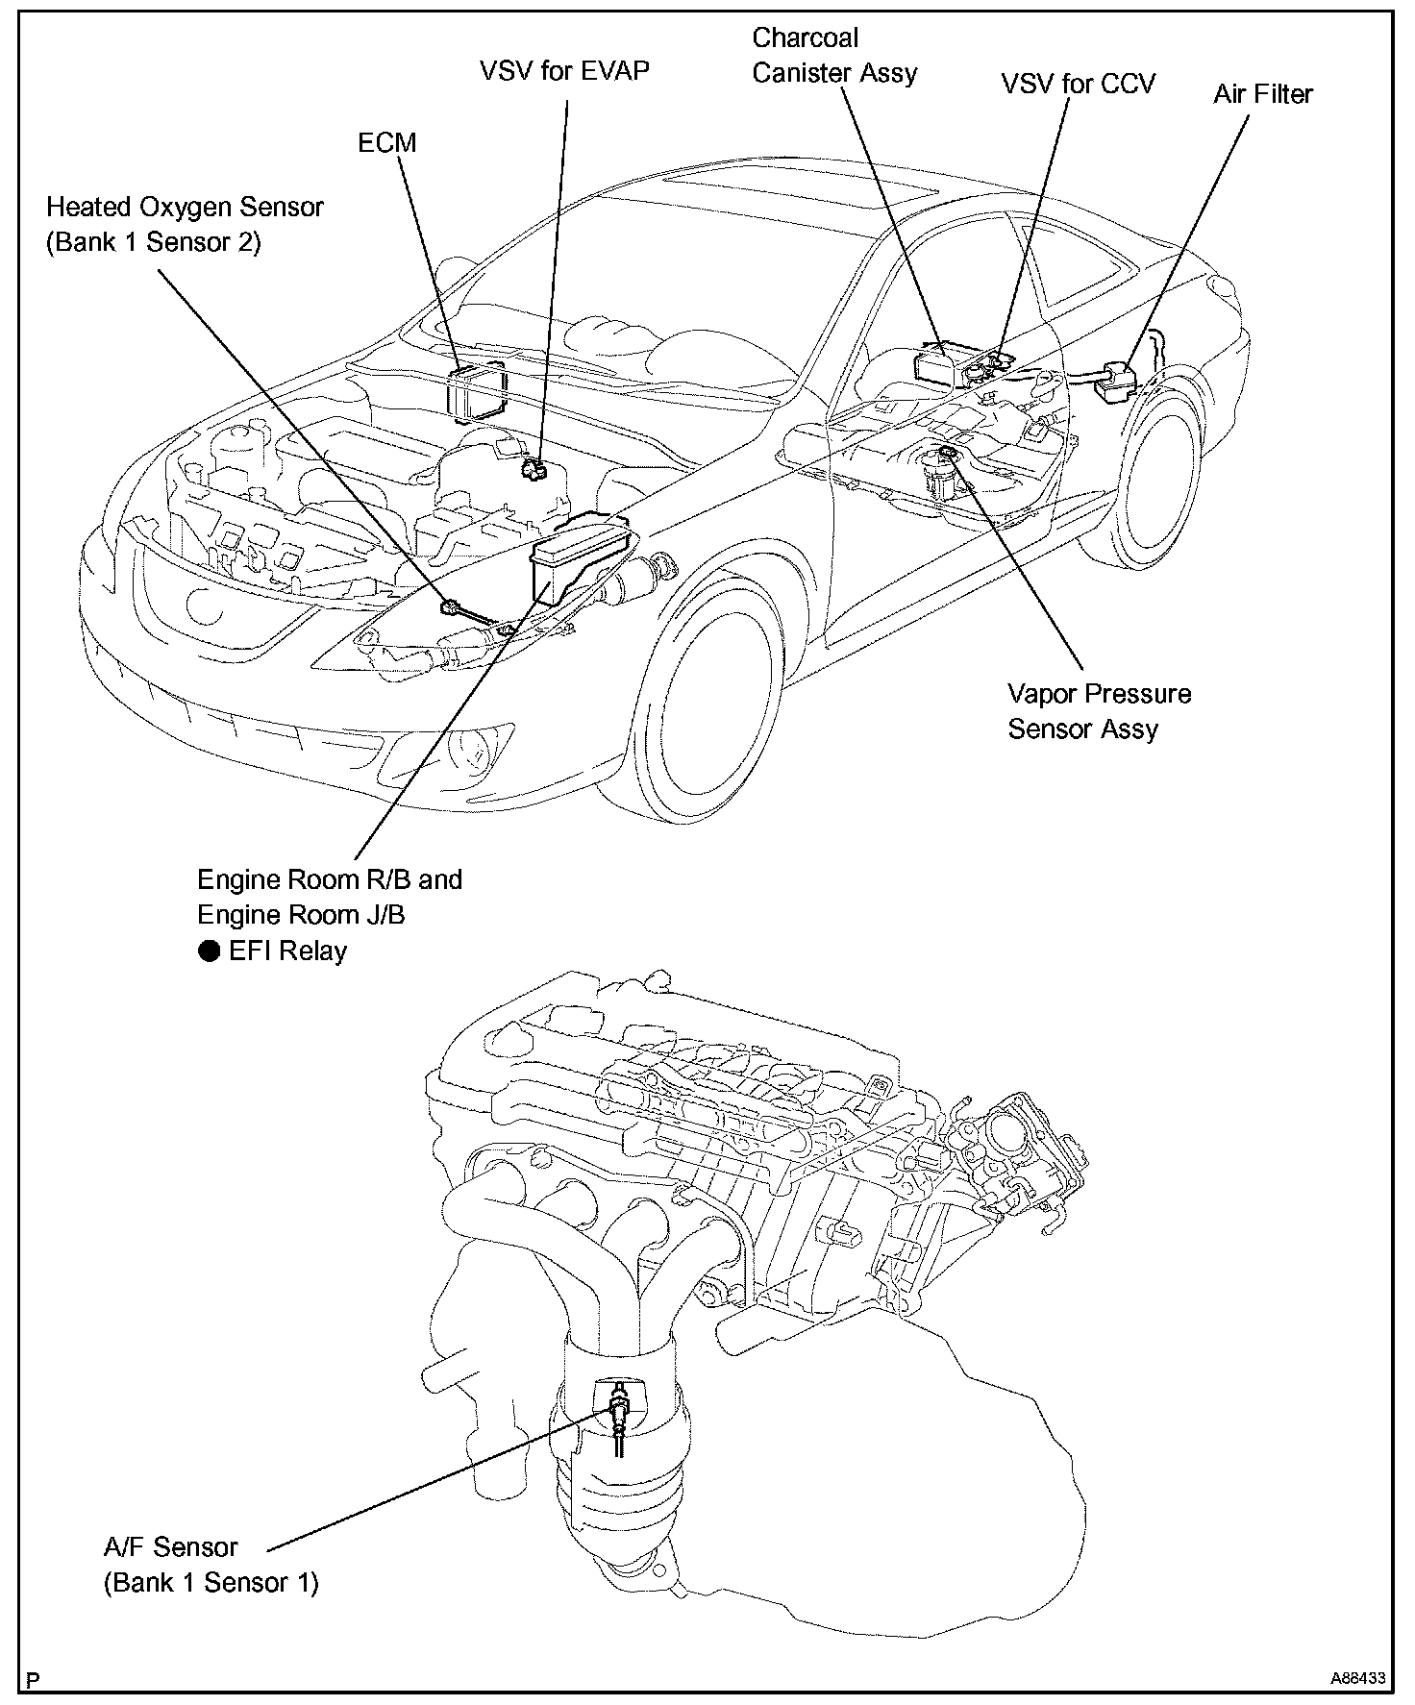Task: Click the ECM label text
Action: tap(386, 143)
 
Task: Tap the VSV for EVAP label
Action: tap(564, 71)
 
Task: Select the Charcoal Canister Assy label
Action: tap(833, 56)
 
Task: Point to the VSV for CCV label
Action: tap(1078, 84)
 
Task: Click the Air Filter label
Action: tap(1262, 94)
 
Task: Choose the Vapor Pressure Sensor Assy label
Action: tap(1099, 711)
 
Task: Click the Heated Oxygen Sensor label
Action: tap(185, 224)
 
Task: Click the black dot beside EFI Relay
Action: tap(209, 951)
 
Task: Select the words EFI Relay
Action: tap(287, 951)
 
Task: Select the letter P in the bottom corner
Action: tap(34, 1680)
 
